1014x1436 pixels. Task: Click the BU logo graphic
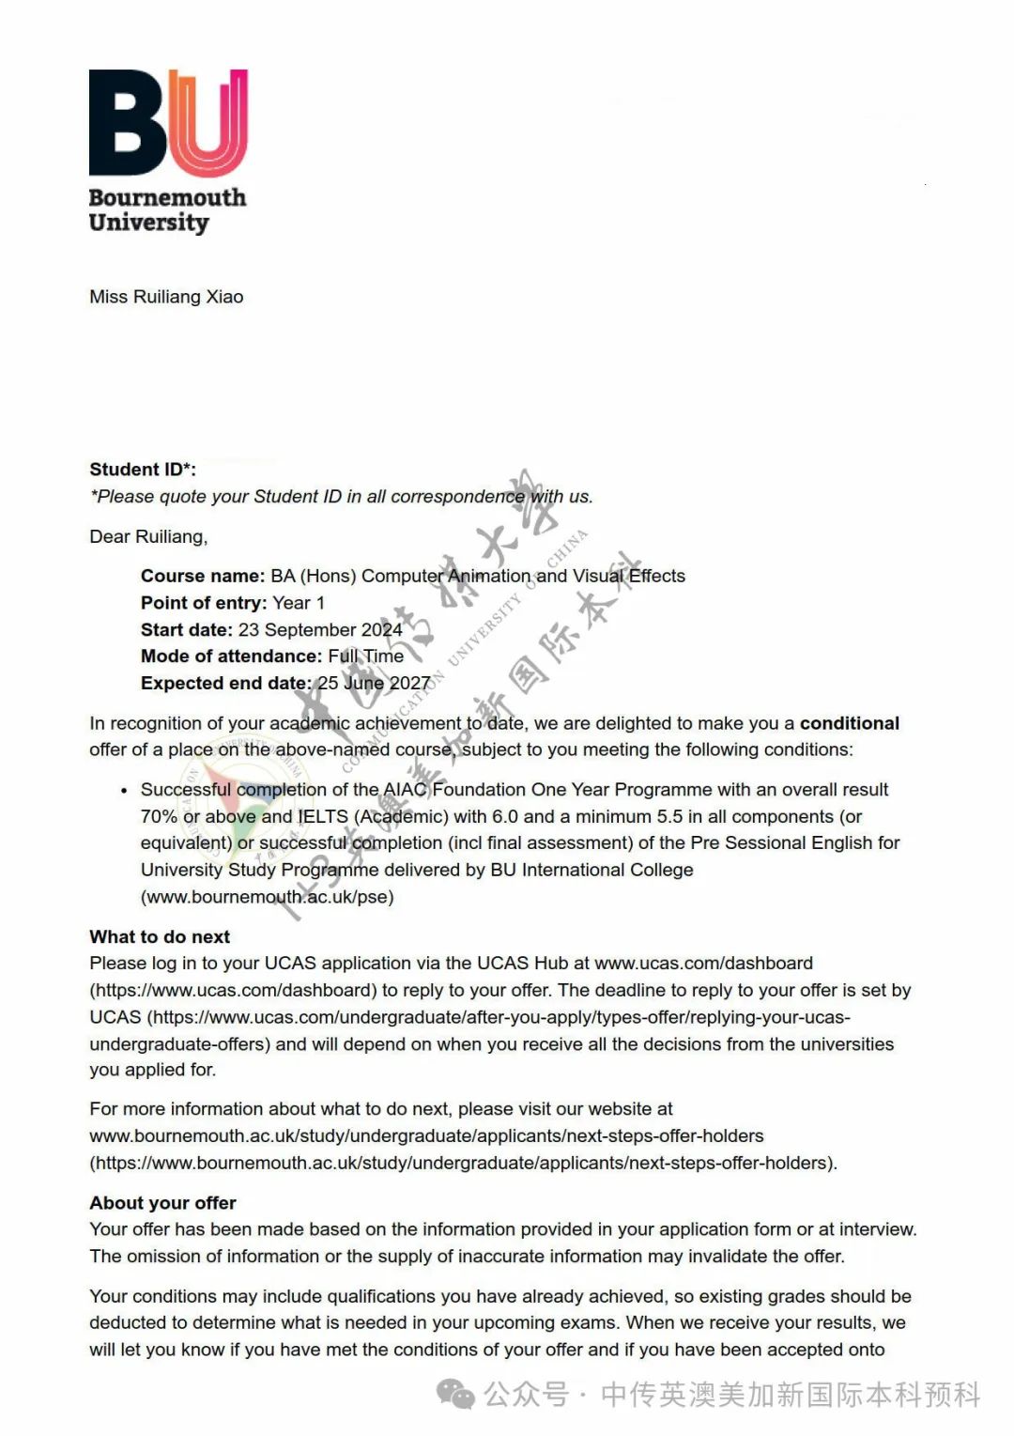168,122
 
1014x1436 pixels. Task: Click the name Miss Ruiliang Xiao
166,297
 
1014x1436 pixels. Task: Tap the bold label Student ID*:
143,470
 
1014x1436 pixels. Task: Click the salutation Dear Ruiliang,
148,536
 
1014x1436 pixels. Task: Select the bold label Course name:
203,576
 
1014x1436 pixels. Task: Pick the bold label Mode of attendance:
231,656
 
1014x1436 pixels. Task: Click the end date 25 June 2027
374,683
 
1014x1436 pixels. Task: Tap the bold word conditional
849,723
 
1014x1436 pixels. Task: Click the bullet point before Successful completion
124,791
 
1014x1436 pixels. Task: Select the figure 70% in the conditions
159,816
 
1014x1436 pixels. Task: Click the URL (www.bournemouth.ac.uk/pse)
267,896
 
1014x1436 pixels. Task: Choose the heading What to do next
160,936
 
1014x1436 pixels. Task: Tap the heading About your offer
162,1203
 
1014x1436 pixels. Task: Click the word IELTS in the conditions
323,816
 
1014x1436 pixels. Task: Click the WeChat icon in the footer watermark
456,1395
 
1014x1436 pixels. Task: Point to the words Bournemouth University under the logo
167,209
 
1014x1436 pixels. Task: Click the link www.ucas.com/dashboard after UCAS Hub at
703,963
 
